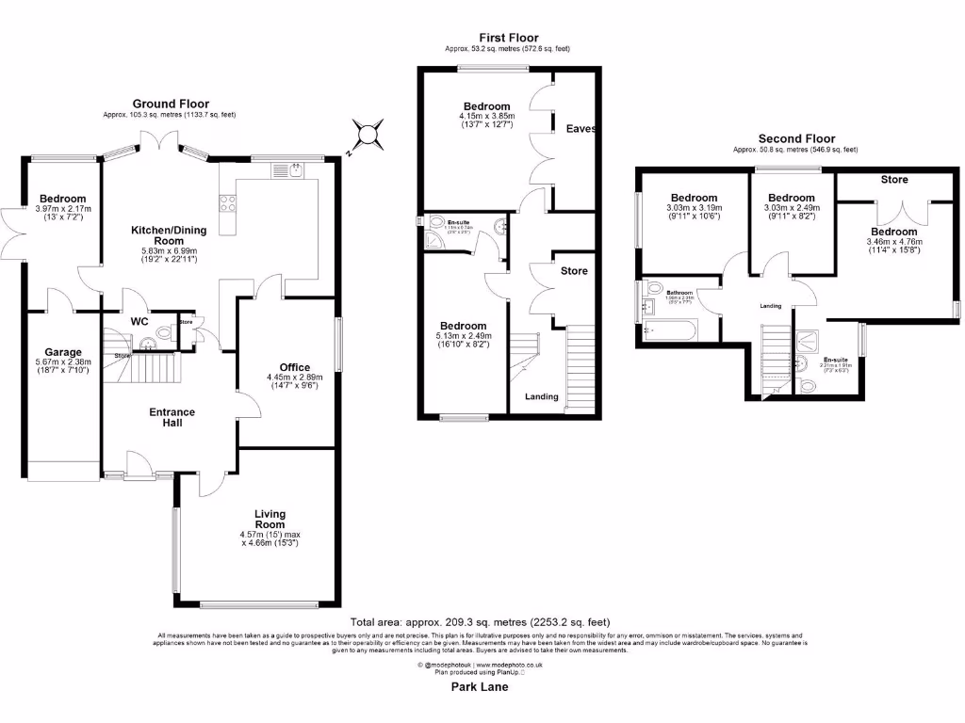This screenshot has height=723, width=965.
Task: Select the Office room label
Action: (294, 367)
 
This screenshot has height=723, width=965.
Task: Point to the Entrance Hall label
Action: (172, 417)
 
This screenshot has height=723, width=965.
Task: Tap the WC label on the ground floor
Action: (139, 321)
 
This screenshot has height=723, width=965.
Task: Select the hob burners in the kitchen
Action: (228, 201)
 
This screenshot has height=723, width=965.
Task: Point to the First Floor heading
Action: (507, 38)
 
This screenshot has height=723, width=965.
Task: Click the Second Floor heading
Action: (796, 138)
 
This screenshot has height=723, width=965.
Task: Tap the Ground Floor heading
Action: (171, 104)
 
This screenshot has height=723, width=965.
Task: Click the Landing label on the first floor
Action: (541, 396)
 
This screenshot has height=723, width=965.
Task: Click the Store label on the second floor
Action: (894, 179)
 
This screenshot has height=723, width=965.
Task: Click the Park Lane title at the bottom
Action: (480, 687)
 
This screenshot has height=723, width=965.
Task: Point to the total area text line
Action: (480, 621)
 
